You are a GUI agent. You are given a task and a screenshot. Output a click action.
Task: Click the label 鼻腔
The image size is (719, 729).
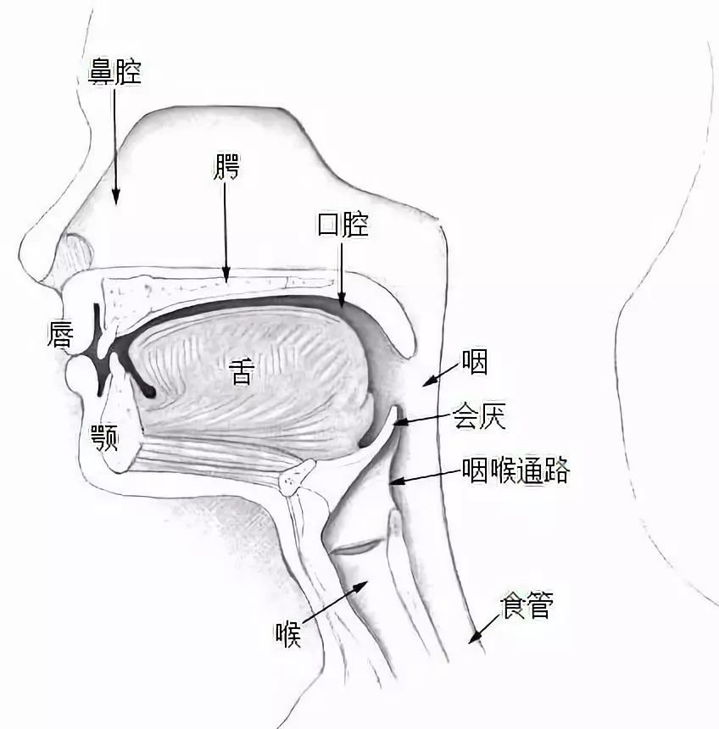(x=114, y=71)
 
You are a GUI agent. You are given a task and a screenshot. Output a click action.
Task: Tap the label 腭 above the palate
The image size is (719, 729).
(x=226, y=169)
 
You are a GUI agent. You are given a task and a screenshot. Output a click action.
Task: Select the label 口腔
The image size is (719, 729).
(x=343, y=225)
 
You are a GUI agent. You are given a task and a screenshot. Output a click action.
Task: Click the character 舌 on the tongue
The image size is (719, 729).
(x=242, y=372)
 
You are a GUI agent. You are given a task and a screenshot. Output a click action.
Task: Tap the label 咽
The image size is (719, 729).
(x=475, y=363)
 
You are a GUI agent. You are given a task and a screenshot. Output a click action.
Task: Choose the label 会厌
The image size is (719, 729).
(x=485, y=416)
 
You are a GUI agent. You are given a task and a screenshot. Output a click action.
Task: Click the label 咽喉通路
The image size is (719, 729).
(x=516, y=470)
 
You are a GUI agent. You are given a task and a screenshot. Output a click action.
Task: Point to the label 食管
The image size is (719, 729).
(x=526, y=606)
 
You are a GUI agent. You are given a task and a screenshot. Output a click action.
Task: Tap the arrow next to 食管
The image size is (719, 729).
(x=482, y=628)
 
